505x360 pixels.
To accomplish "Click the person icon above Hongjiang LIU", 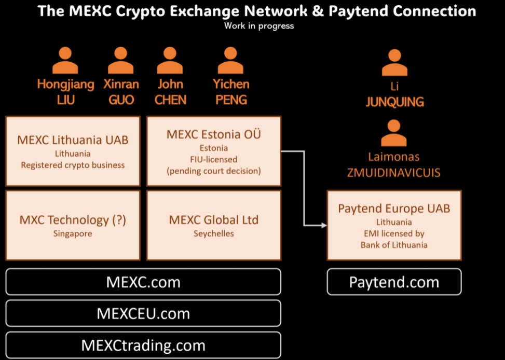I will [x=65, y=60].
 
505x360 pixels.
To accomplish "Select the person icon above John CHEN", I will [x=170, y=60].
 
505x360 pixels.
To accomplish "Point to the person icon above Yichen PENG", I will [x=231, y=60].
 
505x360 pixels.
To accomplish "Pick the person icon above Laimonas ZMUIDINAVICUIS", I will [x=394, y=133].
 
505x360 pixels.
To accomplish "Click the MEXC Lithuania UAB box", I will [x=73, y=151].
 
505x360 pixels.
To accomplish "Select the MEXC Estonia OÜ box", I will [x=213, y=151].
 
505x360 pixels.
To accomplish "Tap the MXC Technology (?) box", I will [x=73, y=225].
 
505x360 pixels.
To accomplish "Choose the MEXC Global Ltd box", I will [x=213, y=225].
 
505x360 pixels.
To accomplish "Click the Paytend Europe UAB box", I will [x=394, y=225].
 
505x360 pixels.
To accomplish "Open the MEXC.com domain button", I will [x=143, y=282].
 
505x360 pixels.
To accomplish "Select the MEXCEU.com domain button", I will [x=143, y=313].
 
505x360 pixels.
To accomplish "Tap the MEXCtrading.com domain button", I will [x=143, y=345].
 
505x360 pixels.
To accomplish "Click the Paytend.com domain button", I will [x=394, y=282].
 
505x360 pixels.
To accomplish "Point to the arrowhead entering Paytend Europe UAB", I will [x=323, y=225].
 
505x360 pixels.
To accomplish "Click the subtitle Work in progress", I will [x=259, y=25].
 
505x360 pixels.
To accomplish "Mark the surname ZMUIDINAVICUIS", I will [x=394, y=173].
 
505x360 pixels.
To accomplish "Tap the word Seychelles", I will [x=213, y=233].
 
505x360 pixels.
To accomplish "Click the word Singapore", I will [x=73, y=233].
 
